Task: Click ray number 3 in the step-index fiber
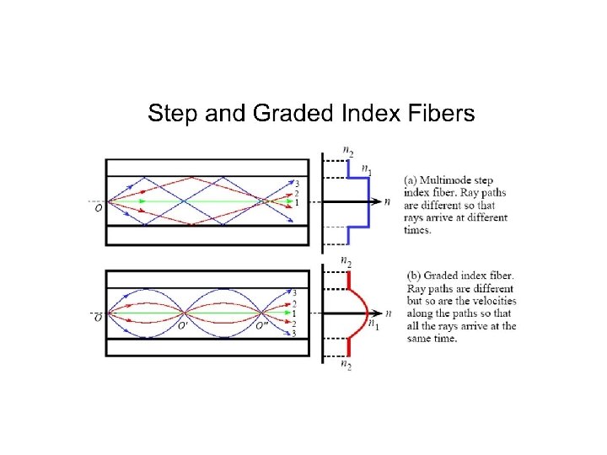click(296, 182)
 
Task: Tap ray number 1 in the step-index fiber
click(296, 202)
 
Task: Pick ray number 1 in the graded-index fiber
click(294, 313)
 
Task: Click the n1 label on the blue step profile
click(365, 170)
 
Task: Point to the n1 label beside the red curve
click(372, 325)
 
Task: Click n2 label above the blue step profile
click(346, 150)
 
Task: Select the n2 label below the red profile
click(346, 365)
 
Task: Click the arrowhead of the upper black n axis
click(377, 202)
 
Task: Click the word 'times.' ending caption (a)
click(417, 230)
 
